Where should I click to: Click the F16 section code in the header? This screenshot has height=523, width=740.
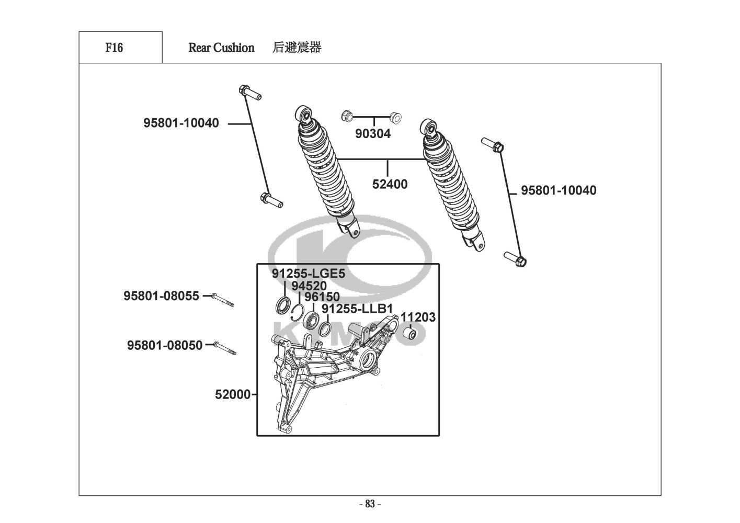114,48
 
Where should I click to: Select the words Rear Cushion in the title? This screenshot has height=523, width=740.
221,48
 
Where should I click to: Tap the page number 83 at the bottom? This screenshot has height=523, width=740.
370,504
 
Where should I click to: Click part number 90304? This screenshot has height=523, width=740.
372,134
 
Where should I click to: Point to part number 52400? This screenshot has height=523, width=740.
390,184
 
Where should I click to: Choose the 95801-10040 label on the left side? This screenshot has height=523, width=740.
181,123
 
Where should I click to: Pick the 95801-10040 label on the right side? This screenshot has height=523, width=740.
558,190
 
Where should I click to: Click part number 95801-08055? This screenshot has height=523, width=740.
161,296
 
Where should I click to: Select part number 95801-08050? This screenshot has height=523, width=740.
164,345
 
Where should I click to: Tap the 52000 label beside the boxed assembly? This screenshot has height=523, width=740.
233,394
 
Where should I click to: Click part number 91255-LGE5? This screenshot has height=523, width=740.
308,274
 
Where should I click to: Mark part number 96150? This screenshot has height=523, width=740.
322,297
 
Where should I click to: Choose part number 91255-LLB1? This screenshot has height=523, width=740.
357,309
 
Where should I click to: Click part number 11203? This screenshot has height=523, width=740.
418,317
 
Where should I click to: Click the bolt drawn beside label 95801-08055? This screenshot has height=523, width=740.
223,300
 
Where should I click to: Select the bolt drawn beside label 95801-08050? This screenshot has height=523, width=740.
226,348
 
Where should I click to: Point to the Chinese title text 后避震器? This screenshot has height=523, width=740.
297,48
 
